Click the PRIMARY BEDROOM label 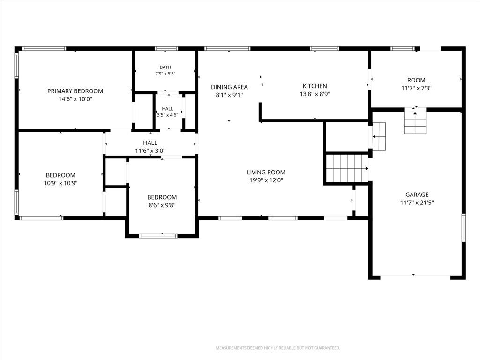[x=75, y=91]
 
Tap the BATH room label [x=165, y=67]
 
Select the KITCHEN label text [x=315, y=86]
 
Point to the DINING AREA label [x=229, y=87]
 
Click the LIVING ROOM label [x=266, y=172]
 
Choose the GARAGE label [x=417, y=195]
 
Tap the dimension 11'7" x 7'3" [x=416, y=88]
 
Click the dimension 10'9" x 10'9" [x=60, y=183]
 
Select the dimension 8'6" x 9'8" [x=162, y=205]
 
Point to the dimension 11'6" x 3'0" [x=150, y=150]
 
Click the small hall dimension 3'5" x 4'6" [x=167, y=115]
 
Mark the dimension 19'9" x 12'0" [x=266, y=180]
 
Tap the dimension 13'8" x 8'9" [x=315, y=94]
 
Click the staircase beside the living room [x=347, y=168]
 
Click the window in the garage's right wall [x=464, y=227]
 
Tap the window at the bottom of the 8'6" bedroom [x=158, y=236]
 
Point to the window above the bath [x=166, y=48]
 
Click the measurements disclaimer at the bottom [x=278, y=348]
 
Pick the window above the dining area [x=227, y=48]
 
